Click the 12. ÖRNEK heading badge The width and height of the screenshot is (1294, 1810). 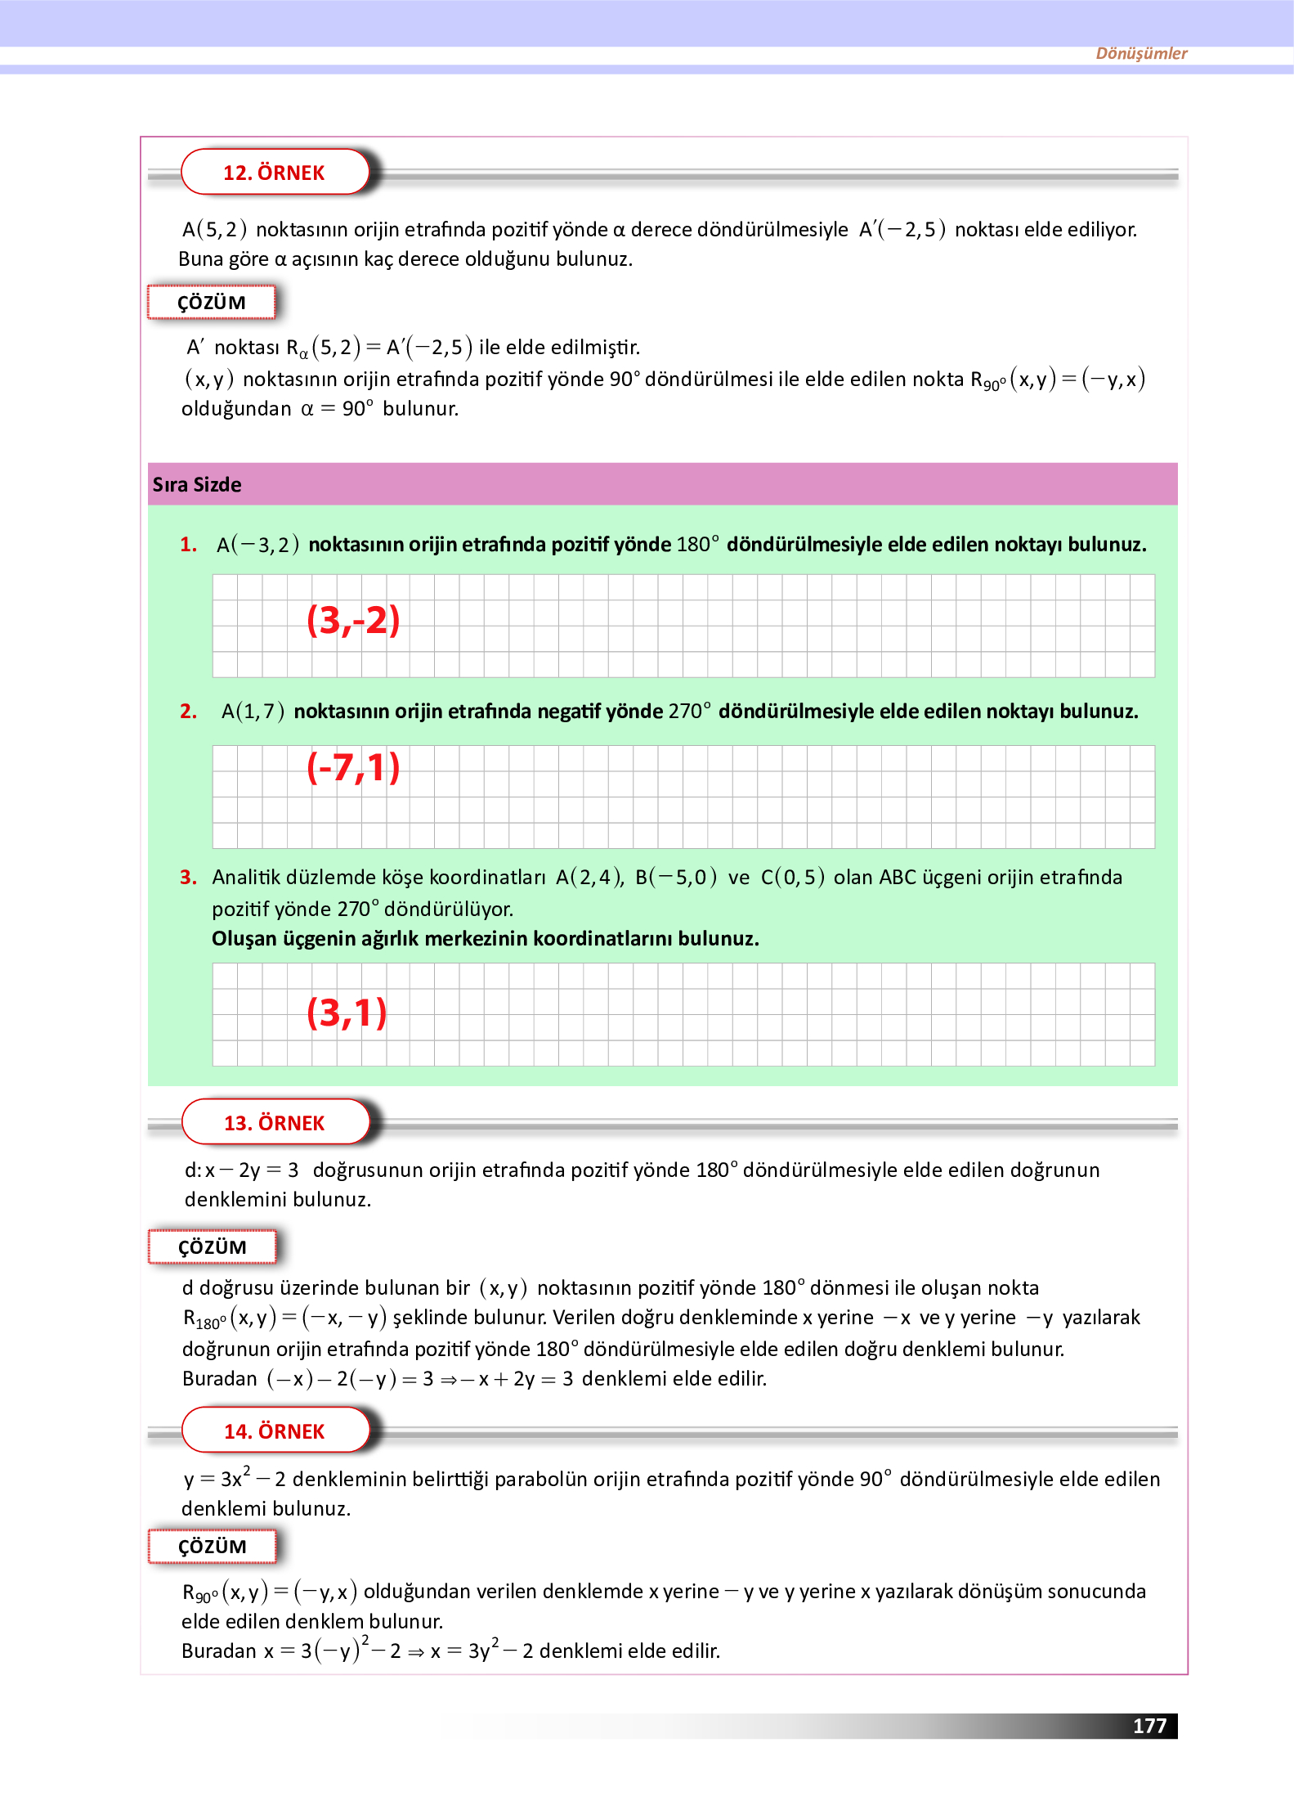[x=274, y=173]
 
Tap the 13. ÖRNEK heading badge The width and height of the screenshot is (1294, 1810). [x=274, y=1123]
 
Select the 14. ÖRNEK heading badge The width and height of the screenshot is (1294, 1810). [x=274, y=1431]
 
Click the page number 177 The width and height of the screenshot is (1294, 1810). [x=1148, y=1726]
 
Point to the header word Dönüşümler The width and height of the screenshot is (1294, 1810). [x=1140, y=53]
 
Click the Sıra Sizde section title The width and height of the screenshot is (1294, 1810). [x=197, y=485]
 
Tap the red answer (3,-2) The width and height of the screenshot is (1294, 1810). [x=353, y=620]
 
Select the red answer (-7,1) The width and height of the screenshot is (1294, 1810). [x=353, y=767]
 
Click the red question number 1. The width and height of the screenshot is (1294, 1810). [x=188, y=545]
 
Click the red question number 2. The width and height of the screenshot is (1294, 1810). [x=188, y=712]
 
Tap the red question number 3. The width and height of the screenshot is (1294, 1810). [x=188, y=878]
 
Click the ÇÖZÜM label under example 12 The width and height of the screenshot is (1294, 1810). [x=212, y=303]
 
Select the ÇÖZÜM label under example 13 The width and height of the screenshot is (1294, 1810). [x=212, y=1247]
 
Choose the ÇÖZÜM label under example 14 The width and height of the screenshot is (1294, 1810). [x=212, y=1547]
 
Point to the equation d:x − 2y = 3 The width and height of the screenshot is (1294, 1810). [x=241, y=1170]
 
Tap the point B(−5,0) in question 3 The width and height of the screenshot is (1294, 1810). [x=675, y=878]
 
